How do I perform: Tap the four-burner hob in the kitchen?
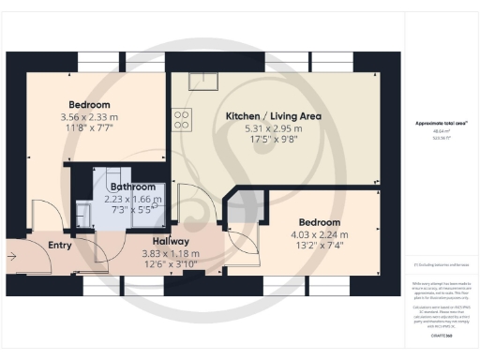click(x=182, y=119)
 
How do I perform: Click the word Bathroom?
click(x=131, y=187)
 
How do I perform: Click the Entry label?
click(x=60, y=245)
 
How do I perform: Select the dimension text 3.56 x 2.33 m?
click(x=89, y=116)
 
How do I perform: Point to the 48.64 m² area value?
click(x=434, y=132)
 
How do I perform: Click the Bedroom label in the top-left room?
click(x=89, y=104)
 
